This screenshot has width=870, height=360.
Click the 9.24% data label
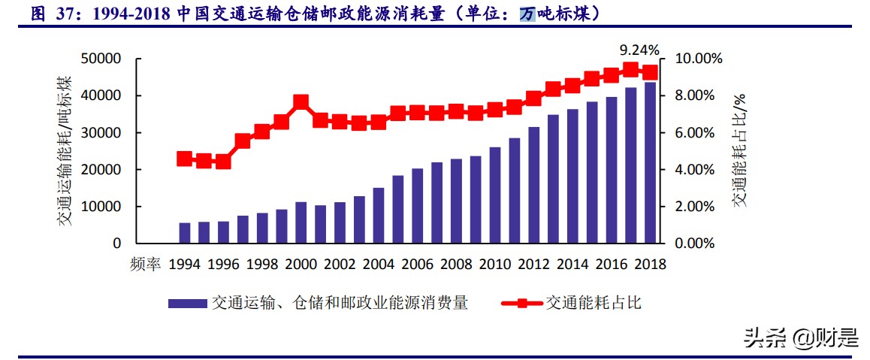pyautogui.click(x=639, y=50)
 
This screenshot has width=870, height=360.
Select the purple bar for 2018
pyautogui.click(x=650, y=163)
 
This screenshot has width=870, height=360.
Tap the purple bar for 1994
pyautogui.click(x=185, y=233)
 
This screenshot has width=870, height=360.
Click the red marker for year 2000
pyautogui.click(x=301, y=102)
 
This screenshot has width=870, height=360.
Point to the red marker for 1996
pyautogui.click(x=223, y=161)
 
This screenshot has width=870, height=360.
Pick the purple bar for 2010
pyautogui.click(x=495, y=195)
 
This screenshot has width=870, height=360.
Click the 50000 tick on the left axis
pyautogui.click(x=101, y=59)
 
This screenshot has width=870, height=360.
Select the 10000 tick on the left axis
pyautogui.click(x=101, y=207)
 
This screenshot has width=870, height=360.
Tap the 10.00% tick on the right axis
pyautogui.click(x=699, y=59)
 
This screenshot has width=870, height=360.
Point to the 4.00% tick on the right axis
pyautogui.click(x=699, y=170)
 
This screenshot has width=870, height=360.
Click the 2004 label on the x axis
pyautogui.click(x=378, y=265)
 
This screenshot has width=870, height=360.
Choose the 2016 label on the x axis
pyautogui.click(x=611, y=265)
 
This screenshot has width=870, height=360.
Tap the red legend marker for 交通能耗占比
pyautogui.click(x=521, y=303)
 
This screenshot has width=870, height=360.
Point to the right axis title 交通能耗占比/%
pyautogui.click(x=740, y=150)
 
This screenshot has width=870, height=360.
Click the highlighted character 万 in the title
pyautogui.click(x=528, y=14)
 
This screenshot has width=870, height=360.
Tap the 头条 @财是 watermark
pyautogui.click(x=801, y=338)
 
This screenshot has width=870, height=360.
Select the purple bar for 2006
pyautogui.click(x=417, y=206)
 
